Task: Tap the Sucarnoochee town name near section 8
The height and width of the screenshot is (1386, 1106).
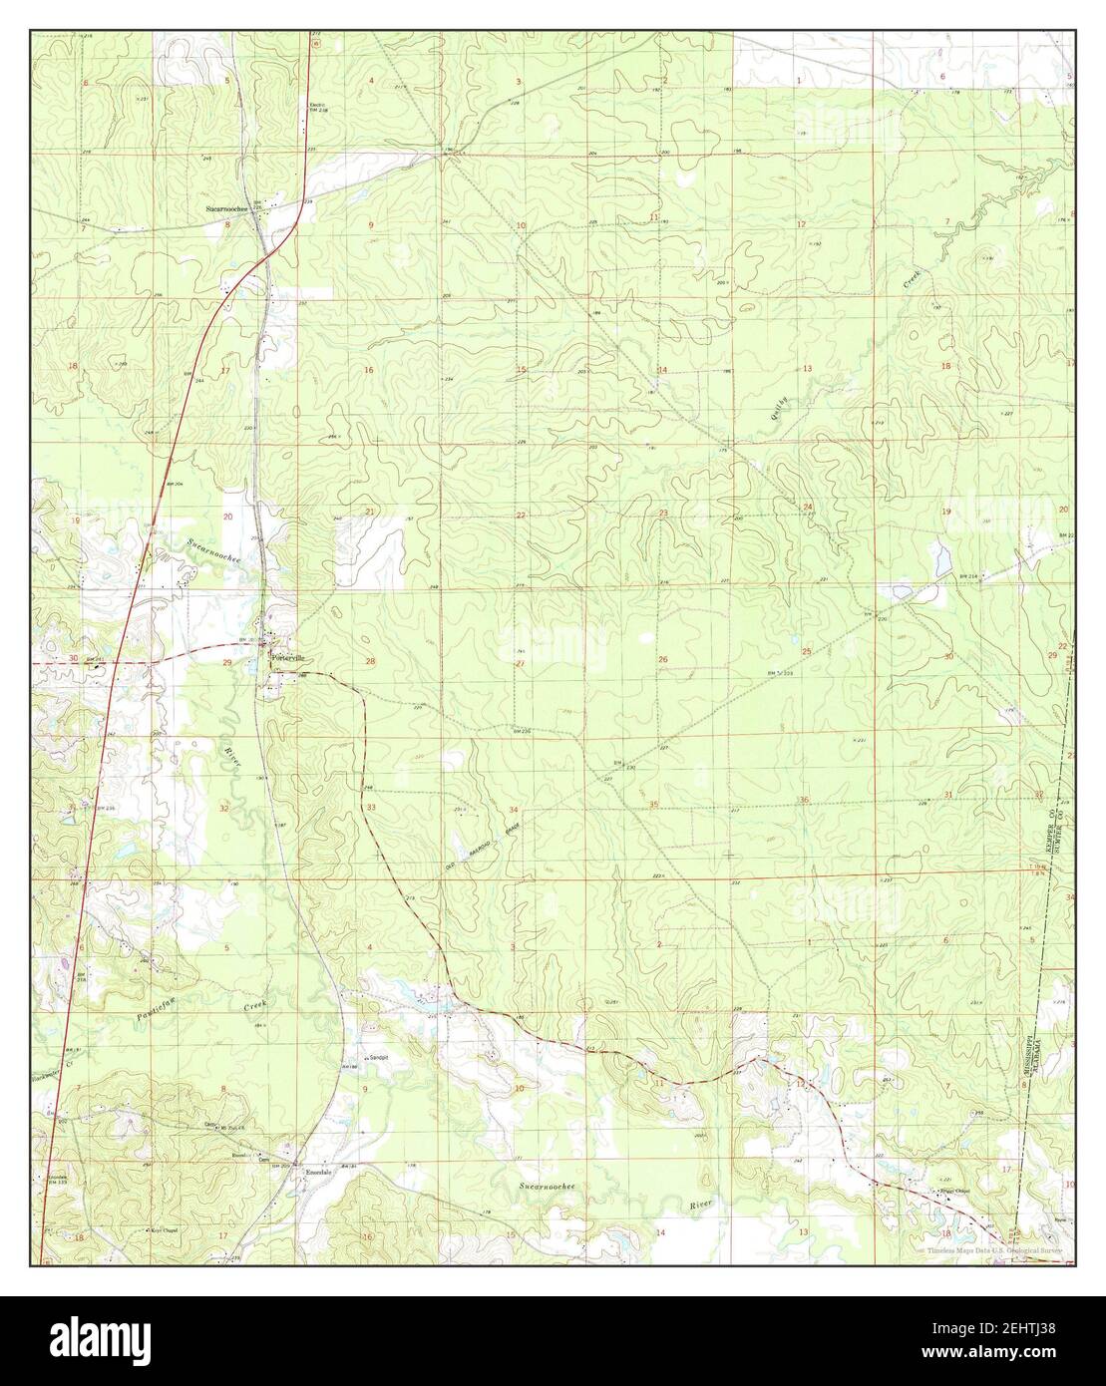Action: [224, 208]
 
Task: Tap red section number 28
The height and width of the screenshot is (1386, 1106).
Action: [370, 662]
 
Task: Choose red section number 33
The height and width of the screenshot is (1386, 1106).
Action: [371, 807]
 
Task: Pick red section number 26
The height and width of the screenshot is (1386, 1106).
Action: [662, 660]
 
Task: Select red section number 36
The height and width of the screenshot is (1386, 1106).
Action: [804, 801]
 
